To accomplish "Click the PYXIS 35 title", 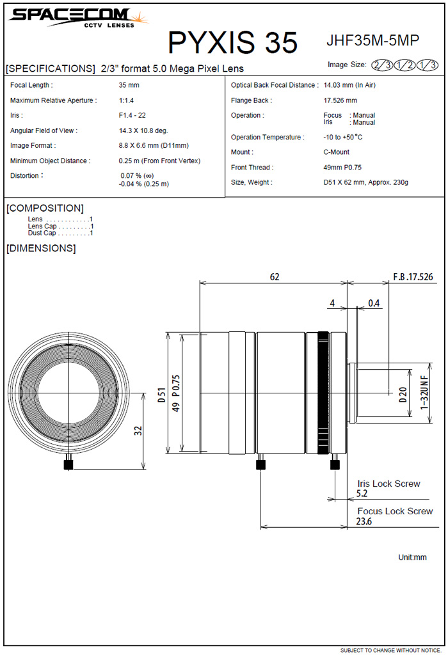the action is [x=232, y=42].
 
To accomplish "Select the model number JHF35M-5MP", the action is [x=372, y=40].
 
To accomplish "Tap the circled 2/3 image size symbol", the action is [x=382, y=65].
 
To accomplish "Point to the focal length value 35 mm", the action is [x=129, y=85].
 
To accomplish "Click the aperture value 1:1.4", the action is [x=126, y=100].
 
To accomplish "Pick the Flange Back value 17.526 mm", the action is [x=340, y=100].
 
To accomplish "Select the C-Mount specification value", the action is [x=336, y=152].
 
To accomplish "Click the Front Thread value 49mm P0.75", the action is [x=342, y=168].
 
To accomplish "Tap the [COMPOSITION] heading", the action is [x=45, y=208].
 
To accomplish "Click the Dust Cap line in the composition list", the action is [x=60, y=233].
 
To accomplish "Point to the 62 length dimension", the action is [x=275, y=277].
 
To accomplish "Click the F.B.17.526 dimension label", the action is [x=413, y=277].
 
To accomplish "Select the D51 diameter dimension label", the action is [x=162, y=395].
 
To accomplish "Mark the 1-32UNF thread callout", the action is [x=424, y=393].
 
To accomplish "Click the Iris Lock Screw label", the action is [x=388, y=484].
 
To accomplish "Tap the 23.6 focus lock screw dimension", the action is [x=364, y=521].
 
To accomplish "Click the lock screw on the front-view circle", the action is [x=68, y=464].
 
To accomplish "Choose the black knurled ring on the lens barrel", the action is [x=323, y=393].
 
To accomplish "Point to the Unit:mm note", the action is [x=412, y=557].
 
